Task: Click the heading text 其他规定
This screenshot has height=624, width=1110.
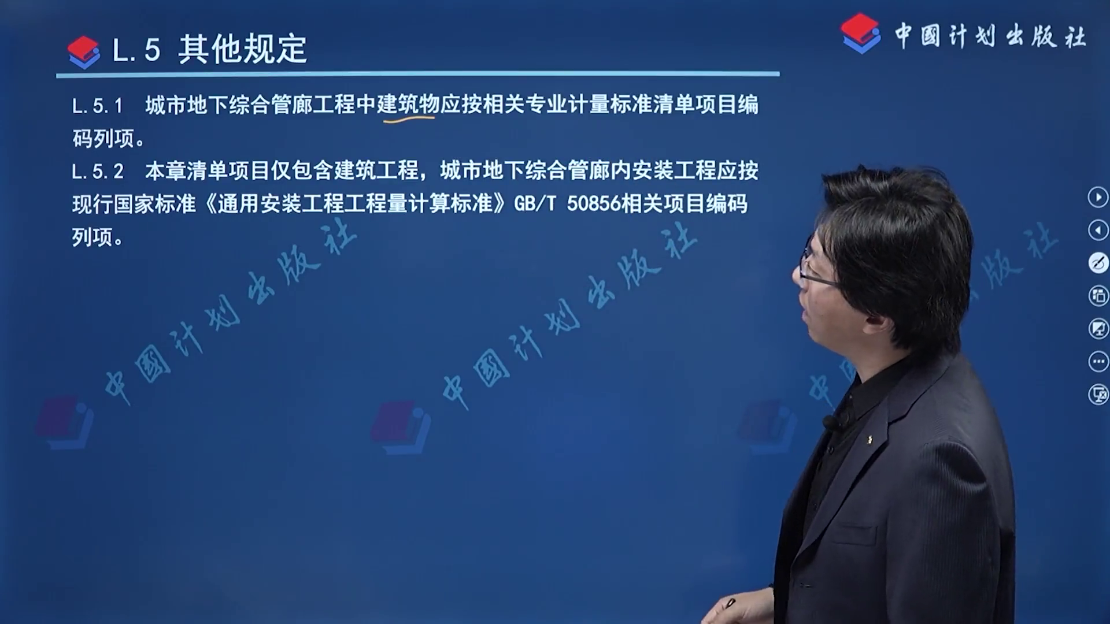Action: pyautogui.click(x=242, y=49)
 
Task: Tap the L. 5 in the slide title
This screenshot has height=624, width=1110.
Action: pyautogui.click(x=136, y=50)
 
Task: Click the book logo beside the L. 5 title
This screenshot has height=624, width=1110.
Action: pyautogui.click(x=84, y=52)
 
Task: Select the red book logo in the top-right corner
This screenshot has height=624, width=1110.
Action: pyautogui.click(x=861, y=34)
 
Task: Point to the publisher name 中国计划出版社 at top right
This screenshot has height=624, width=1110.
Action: pyautogui.click(x=990, y=36)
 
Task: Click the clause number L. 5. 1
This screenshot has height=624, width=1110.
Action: pyautogui.click(x=98, y=106)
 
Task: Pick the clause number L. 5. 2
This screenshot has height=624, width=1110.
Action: pyautogui.click(x=98, y=172)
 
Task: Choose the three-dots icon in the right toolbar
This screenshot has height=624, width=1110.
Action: pyautogui.click(x=1098, y=362)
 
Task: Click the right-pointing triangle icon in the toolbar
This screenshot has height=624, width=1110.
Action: pyautogui.click(x=1098, y=197)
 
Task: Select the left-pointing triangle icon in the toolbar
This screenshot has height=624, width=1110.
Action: pyautogui.click(x=1098, y=230)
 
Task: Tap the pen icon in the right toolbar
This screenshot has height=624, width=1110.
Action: pyautogui.click(x=1098, y=263)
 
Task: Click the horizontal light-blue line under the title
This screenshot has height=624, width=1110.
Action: pyautogui.click(x=418, y=75)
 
